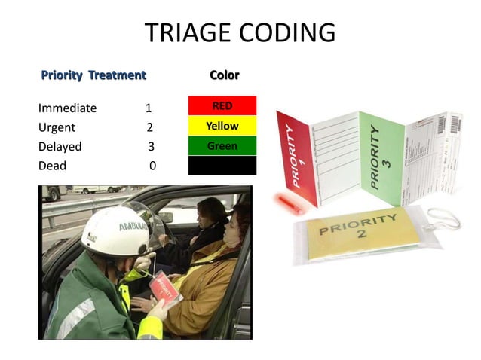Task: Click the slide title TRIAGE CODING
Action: click(x=240, y=33)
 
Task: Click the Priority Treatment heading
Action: click(x=93, y=75)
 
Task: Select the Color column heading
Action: click(x=224, y=75)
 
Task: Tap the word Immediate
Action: click(x=67, y=108)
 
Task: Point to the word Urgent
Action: click(x=57, y=127)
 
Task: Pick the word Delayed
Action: click(x=60, y=146)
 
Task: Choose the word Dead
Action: click(x=52, y=166)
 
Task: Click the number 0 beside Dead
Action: click(x=152, y=166)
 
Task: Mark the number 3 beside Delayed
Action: click(x=151, y=146)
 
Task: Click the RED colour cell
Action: click(x=222, y=106)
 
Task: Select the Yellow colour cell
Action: click(x=222, y=126)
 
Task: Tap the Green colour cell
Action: click(x=222, y=145)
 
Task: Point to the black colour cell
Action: click(x=222, y=165)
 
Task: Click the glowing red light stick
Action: click(x=287, y=202)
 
